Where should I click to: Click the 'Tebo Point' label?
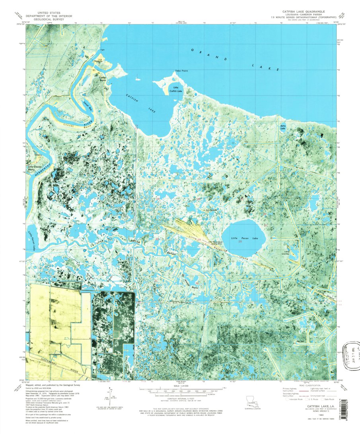coord(181,71)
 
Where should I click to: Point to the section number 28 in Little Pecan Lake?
coord(240,241)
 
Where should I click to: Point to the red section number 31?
coord(156,281)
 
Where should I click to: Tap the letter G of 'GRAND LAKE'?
coord(192,50)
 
